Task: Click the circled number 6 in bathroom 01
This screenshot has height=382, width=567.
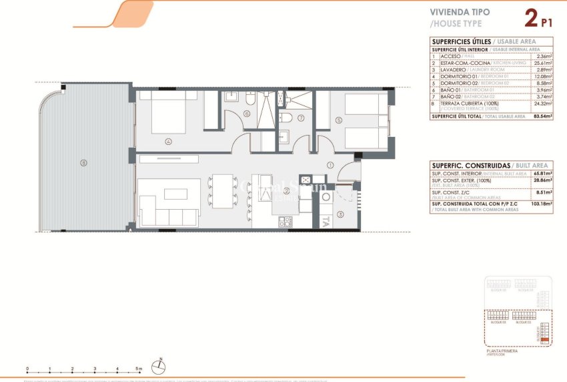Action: point(246,114)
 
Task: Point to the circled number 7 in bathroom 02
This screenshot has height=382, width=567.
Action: point(301,118)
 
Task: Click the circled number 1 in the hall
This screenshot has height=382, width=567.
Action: point(330,165)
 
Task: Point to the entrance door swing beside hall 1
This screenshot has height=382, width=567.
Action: point(348,172)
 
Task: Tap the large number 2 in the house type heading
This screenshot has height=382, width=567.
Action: point(531,18)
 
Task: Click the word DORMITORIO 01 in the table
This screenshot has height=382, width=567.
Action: point(456,76)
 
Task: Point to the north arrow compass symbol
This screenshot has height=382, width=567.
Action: point(159,364)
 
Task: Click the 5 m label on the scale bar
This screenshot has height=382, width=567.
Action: point(138,368)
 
